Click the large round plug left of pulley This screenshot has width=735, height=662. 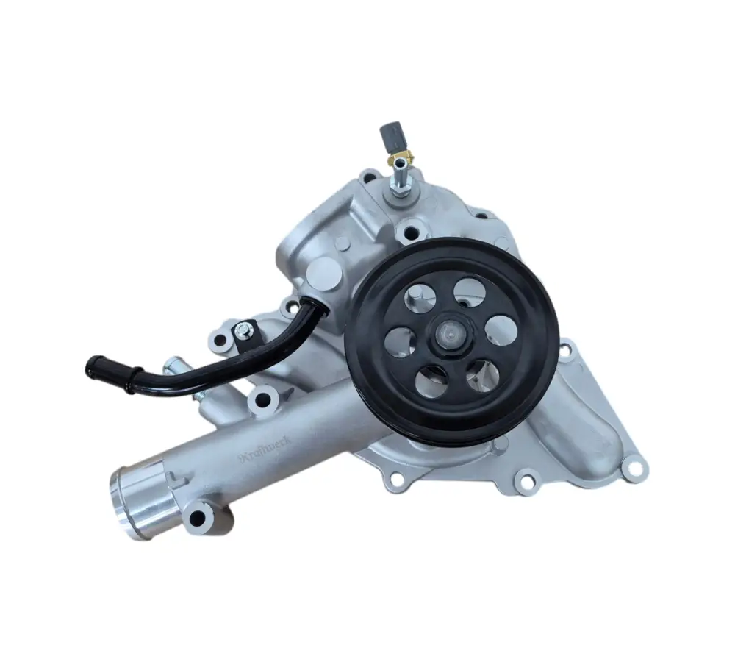point(321,271)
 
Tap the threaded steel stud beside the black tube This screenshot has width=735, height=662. point(173,364)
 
